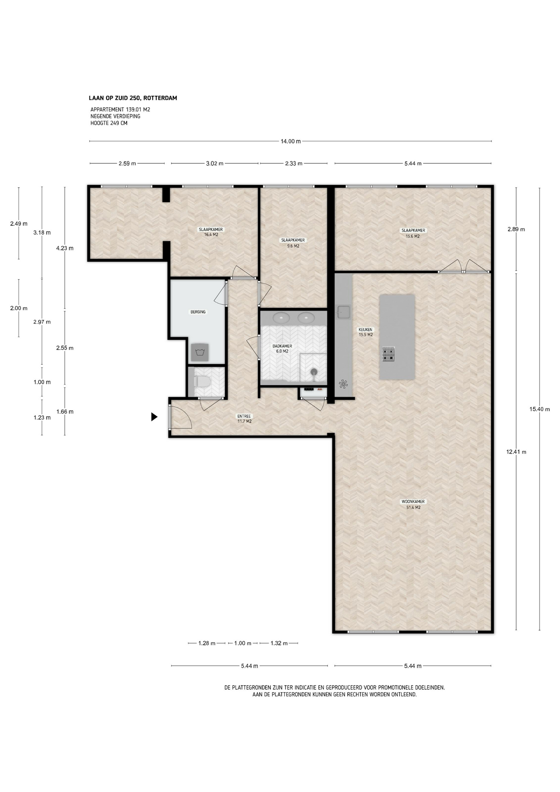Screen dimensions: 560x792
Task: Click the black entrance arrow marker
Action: tap(154, 417)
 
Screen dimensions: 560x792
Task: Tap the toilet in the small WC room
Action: tap(202, 381)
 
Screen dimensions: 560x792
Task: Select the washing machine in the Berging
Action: tap(200, 352)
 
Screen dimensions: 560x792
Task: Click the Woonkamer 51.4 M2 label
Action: tap(413, 504)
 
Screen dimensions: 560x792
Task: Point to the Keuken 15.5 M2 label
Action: tap(365, 332)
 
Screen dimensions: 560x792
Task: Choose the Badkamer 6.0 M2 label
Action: tap(282, 349)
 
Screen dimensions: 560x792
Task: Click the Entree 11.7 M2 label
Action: tap(244, 419)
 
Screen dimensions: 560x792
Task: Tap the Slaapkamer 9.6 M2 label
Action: tap(293, 243)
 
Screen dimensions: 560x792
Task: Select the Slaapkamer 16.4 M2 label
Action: tap(211, 232)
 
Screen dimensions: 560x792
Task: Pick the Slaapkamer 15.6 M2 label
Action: tap(413, 233)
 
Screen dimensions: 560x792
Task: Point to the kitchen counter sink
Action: tap(343, 312)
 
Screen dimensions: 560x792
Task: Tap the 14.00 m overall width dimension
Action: tap(290, 141)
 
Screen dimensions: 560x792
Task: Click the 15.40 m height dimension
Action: tap(539, 409)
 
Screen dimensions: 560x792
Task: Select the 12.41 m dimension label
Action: tap(516, 452)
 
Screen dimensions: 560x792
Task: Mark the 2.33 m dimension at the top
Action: tap(294, 163)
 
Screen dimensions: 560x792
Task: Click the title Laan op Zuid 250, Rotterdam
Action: tap(133, 98)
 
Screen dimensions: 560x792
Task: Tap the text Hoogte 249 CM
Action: tap(109, 123)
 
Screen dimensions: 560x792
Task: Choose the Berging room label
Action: tap(198, 312)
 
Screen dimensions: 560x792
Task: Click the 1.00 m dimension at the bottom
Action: tap(242, 643)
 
